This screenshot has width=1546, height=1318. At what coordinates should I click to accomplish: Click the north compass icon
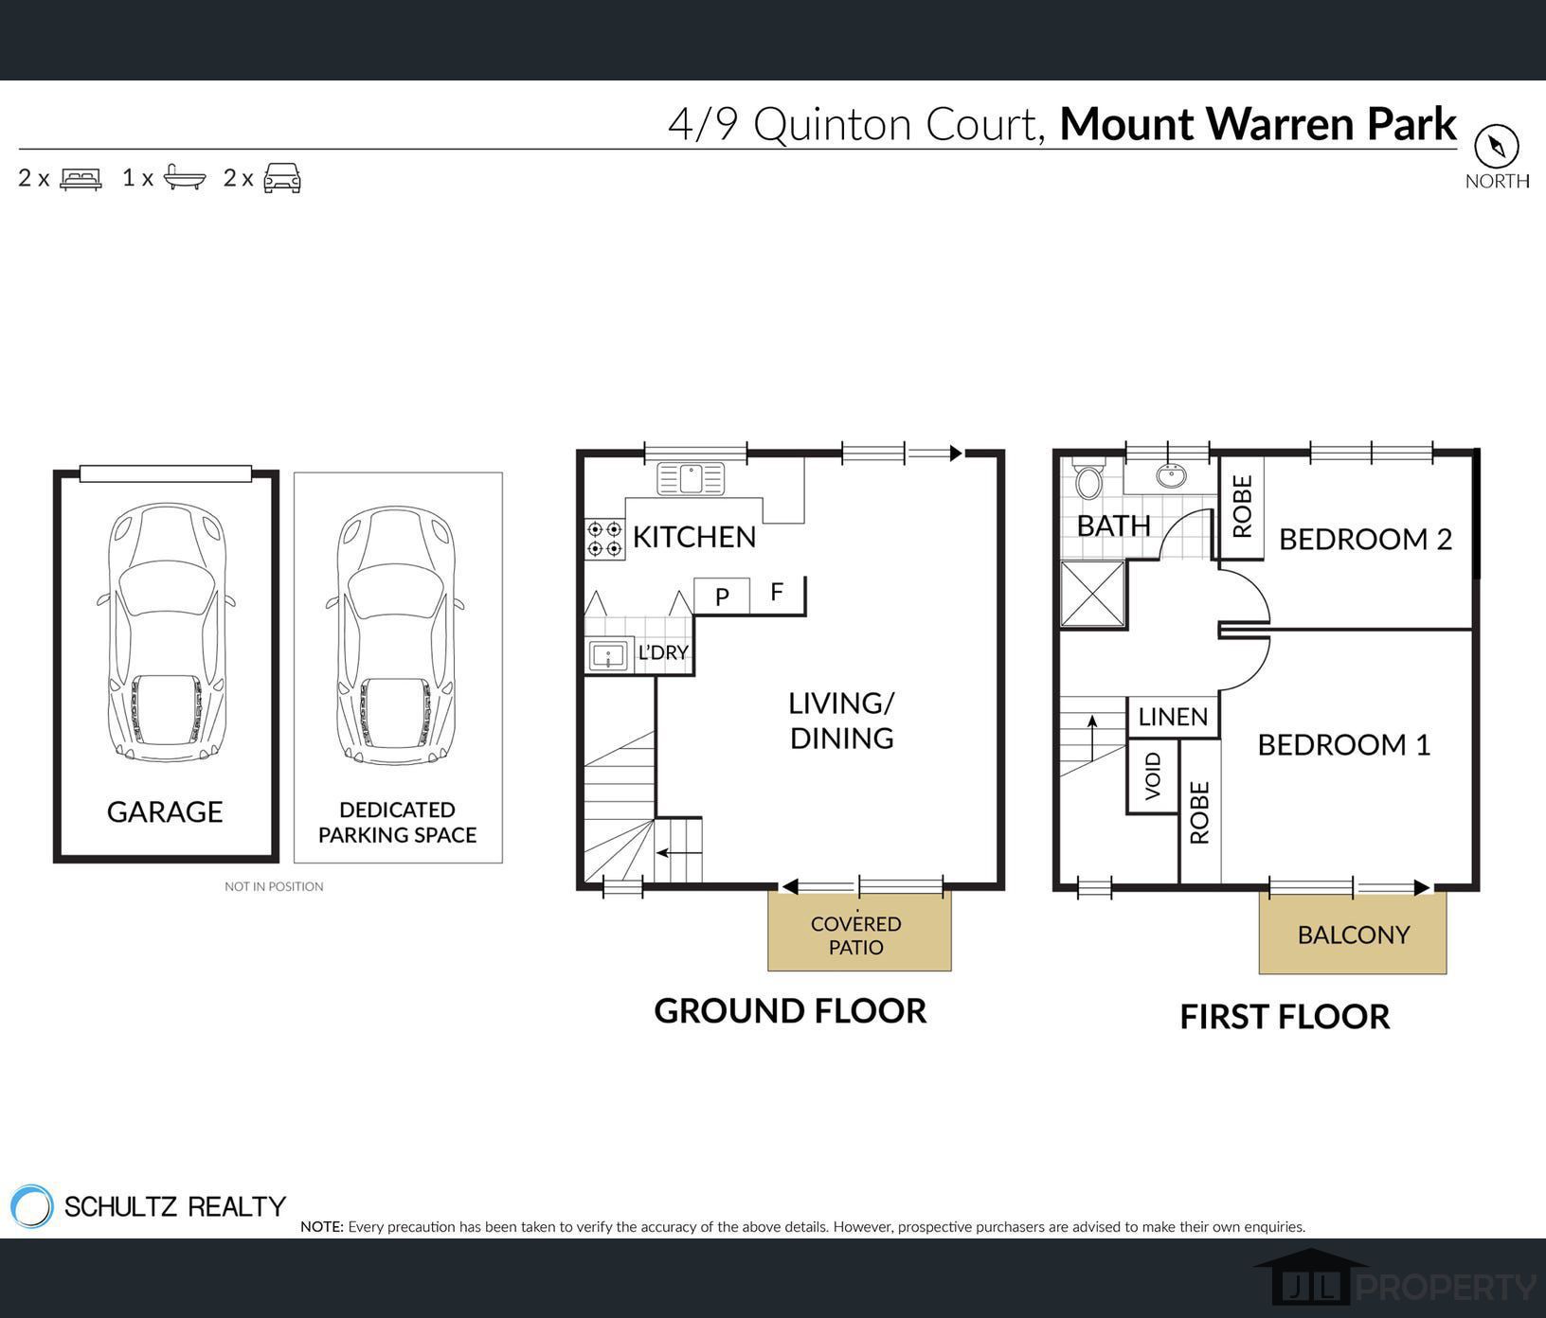(1496, 146)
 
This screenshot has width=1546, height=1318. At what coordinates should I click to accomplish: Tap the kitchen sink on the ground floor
(690, 478)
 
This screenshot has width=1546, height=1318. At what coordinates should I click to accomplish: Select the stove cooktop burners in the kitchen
(604, 538)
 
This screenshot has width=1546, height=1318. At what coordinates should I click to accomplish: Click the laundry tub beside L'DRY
(609, 654)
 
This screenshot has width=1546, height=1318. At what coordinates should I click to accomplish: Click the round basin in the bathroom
(1172, 475)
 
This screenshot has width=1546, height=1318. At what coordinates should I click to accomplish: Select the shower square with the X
(1092, 594)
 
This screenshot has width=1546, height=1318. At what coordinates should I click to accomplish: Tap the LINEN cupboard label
(1173, 717)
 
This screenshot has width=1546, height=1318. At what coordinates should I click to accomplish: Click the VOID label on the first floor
(1152, 776)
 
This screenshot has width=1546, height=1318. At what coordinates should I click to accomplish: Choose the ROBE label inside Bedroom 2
(1242, 507)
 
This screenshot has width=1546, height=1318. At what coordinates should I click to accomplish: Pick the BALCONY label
(1354, 935)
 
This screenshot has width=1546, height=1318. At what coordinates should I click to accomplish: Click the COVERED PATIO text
(856, 935)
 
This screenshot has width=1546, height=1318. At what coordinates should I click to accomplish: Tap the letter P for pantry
(722, 597)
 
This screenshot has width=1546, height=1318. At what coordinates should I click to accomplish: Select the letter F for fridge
(777, 592)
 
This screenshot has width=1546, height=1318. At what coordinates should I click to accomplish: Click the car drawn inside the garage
(166, 632)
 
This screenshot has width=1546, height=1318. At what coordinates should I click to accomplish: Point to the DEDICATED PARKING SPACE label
(398, 822)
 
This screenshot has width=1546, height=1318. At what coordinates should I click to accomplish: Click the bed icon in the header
(81, 178)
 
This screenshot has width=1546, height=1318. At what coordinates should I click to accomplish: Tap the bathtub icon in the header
(185, 177)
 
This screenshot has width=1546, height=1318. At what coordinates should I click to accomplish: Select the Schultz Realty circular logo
(31, 1206)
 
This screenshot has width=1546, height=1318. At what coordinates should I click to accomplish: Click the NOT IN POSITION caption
(274, 886)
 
